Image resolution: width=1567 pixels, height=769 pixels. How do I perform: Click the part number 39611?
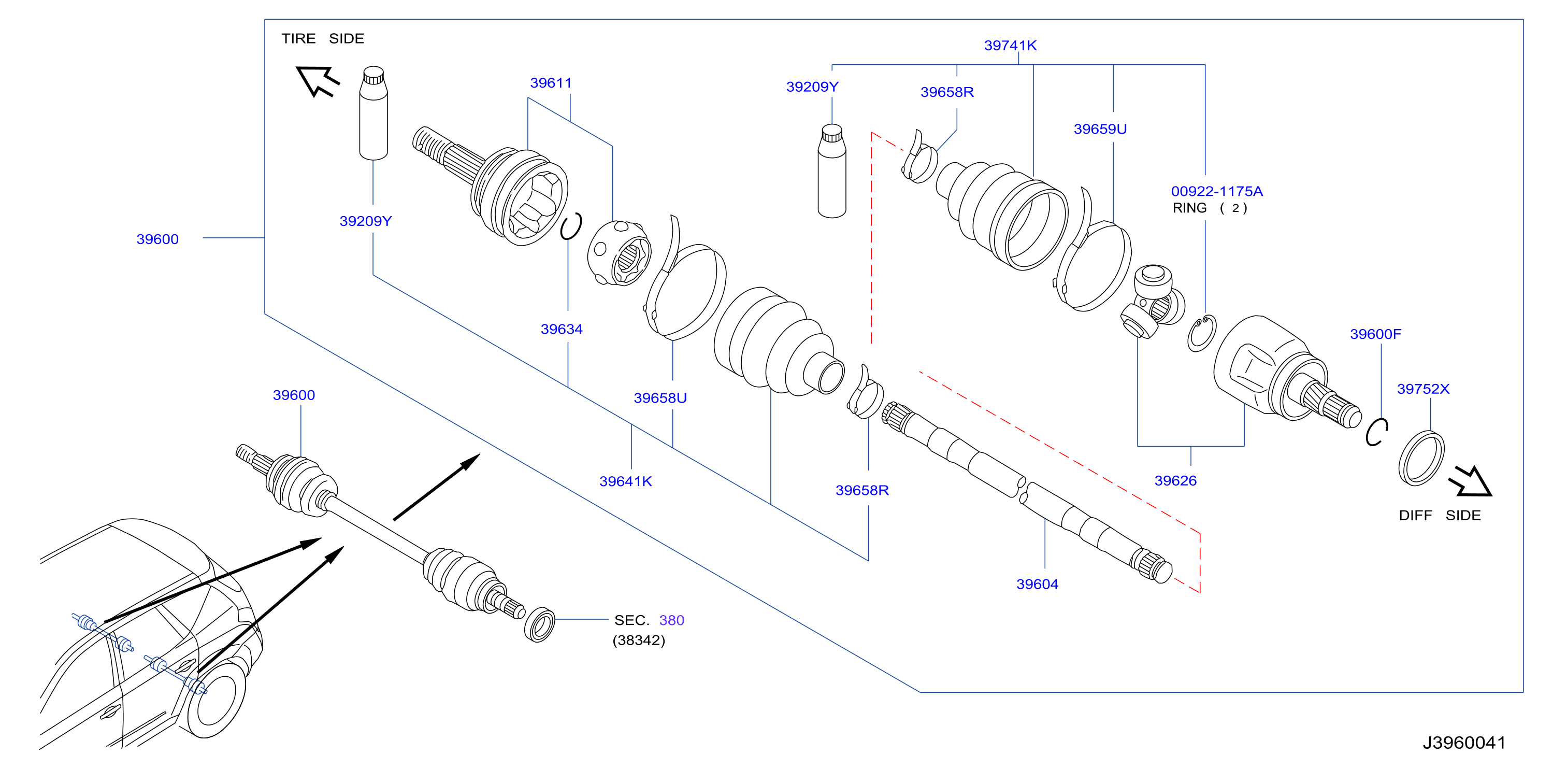(x=551, y=83)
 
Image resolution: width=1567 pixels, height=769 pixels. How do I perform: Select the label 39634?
(x=562, y=329)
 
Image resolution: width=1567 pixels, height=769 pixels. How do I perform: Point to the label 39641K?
(x=625, y=481)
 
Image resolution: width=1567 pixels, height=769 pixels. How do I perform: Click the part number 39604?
(x=1037, y=584)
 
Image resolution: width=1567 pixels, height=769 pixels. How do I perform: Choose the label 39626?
(x=1175, y=481)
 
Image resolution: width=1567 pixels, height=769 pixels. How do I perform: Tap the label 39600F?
(x=1375, y=334)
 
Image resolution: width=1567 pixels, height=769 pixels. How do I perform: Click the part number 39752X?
(x=1423, y=389)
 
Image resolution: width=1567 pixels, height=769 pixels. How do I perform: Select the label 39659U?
(x=1100, y=129)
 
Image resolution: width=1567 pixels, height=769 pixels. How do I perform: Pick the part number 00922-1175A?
(x=1217, y=191)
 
